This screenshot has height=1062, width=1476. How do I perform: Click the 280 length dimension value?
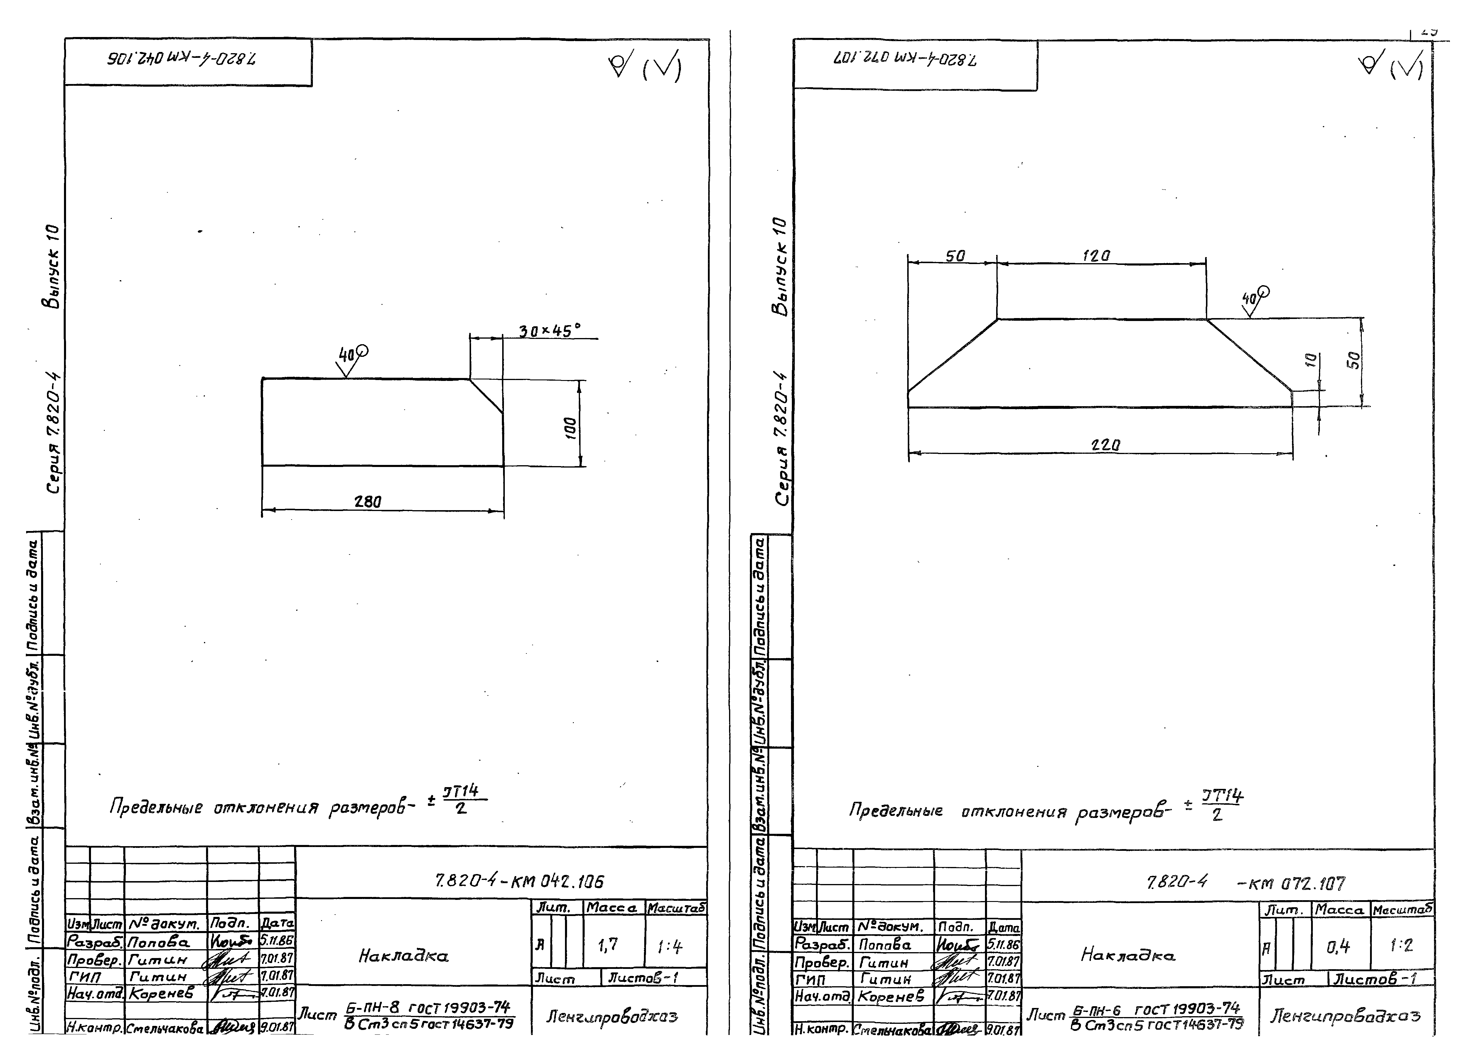pyautogui.click(x=368, y=501)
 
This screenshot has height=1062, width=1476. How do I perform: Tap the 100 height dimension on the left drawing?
pyautogui.click(x=570, y=428)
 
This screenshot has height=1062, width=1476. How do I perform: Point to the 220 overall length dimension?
pyautogui.click(x=1105, y=445)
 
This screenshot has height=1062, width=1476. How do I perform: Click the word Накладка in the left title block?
pyautogui.click(x=404, y=956)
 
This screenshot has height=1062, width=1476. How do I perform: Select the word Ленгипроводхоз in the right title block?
pyautogui.click(x=1345, y=1015)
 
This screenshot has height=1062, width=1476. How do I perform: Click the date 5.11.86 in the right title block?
pyautogui.click(x=1003, y=944)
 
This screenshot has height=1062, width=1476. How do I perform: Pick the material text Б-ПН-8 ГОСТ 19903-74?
pyautogui.click(x=428, y=1008)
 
